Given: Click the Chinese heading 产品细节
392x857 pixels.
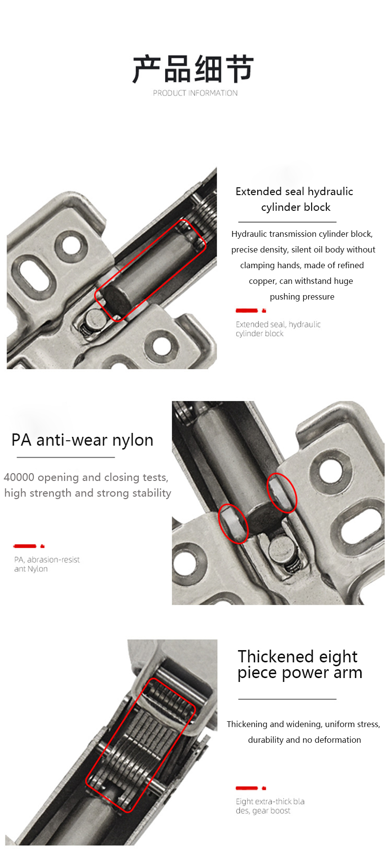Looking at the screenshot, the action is [x=193, y=69].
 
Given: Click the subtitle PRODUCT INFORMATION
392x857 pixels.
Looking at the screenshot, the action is [x=195, y=93].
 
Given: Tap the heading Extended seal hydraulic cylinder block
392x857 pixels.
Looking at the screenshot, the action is [x=294, y=199].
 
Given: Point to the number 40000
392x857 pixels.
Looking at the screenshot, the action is [x=19, y=477].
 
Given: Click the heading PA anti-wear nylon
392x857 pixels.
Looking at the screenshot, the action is [x=82, y=440].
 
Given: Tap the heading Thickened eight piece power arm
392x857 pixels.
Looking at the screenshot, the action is [x=300, y=664].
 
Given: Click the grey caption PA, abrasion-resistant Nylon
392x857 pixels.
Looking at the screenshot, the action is [x=47, y=564].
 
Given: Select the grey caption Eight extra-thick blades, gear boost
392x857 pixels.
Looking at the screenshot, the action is [x=270, y=806].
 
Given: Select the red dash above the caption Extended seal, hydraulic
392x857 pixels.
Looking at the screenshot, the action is [x=246, y=310].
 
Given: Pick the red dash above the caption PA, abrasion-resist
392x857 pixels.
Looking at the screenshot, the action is [x=25, y=546].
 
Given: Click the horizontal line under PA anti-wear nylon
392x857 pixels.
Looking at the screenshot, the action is [x=66, y=457].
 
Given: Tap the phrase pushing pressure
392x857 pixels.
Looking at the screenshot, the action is [x=302, y=297].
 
